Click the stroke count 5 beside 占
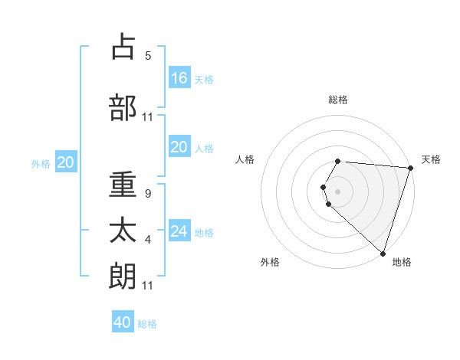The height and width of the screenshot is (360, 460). (x=148, y=56)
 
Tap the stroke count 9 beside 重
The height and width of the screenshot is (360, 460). (x=148, y=194)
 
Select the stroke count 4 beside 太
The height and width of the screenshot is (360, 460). (x=148, y=240)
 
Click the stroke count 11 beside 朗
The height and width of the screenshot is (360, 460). (x=148, y=286)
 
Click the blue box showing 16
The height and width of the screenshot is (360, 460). (x=179, y=77)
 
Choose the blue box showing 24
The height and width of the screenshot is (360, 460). (x=179, y=231)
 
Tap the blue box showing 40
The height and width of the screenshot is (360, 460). (x=123, y=322)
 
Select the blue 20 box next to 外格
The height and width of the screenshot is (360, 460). (x=65, y=162)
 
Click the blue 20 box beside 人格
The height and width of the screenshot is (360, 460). (x=179, y=147)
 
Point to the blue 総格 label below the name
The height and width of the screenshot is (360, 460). (x=147, y=324)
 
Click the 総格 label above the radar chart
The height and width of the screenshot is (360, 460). (x=338, y=100)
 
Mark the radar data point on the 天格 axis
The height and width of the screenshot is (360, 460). (x=410, y=169)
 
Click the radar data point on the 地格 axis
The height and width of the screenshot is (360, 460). (x=383, y=252)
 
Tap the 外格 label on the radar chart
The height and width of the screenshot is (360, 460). (x=270, y=262)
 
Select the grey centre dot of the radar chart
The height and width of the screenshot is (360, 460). (x=338, y=190)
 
